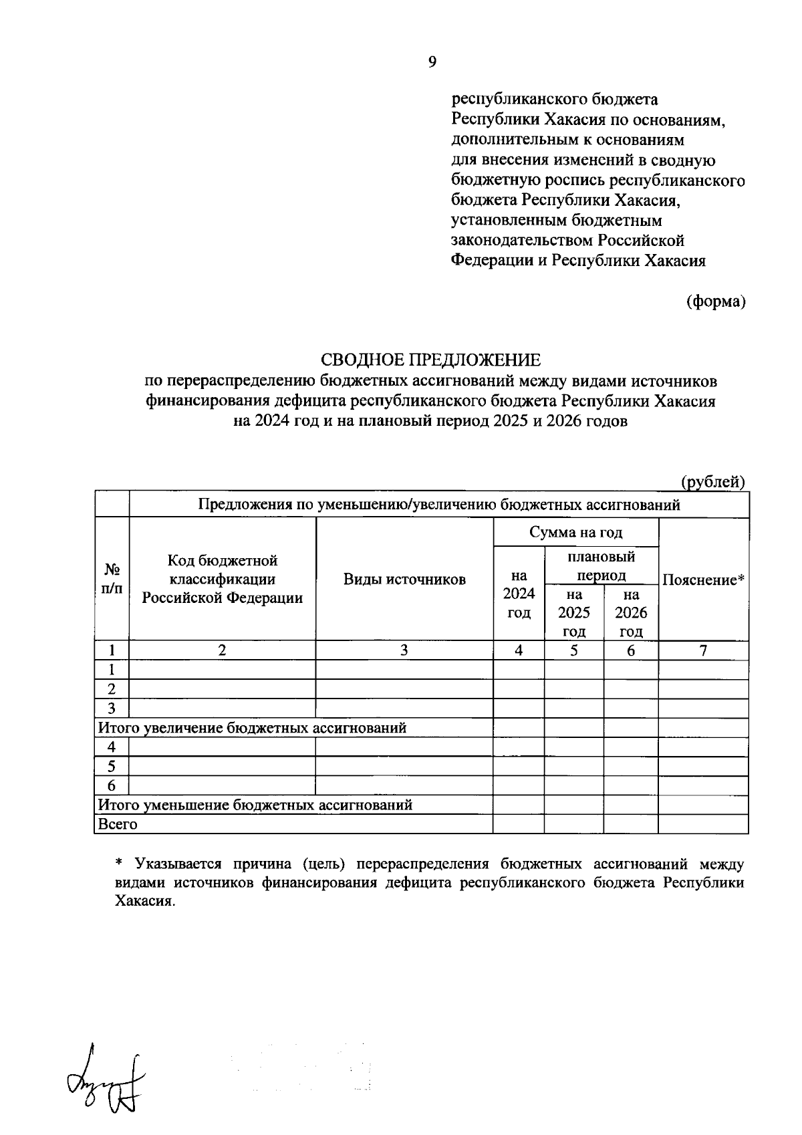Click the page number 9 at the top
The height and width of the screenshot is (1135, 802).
[x=432, y=62]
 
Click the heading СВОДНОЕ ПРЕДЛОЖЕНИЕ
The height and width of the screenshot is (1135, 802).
[x=431, y=360]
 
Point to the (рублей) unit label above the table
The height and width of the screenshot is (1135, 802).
[x=712, y=482]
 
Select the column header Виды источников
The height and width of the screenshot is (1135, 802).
[x=404, y=579]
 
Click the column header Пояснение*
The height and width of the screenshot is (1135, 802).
[x=703, y=580]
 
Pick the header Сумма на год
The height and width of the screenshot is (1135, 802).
[x=575, y=532]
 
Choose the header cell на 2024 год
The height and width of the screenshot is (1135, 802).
[x=519, y=594]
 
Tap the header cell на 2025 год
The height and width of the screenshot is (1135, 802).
[x=574, y=613]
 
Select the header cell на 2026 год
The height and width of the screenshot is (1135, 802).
[x=631, y=613]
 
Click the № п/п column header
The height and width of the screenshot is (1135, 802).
[x=112, y=579]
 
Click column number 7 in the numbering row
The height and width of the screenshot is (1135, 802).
[x=703, y=650]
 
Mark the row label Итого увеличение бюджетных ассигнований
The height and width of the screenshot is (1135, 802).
[x=252, y=728]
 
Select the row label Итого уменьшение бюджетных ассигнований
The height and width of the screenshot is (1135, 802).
[x=255, y=805]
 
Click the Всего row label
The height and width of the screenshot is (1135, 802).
[x=118, y=824]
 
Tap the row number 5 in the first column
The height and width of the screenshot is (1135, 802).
[x=112, y=766]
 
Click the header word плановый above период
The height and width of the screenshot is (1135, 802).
[x=601, y=556]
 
